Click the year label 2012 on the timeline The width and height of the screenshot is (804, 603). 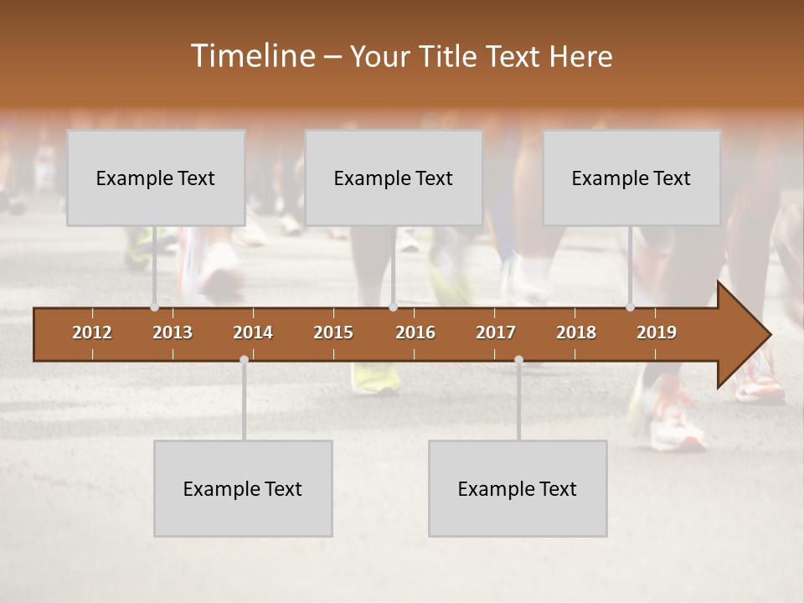pos(92,332)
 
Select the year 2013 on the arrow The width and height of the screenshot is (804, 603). pos(173,332)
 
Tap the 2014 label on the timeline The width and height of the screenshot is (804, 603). pos(253,332)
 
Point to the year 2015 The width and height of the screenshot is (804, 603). pos(333,332)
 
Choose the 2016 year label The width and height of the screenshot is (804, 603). pos(415,332)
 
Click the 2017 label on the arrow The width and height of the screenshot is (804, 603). pos(496,332)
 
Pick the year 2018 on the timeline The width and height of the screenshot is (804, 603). pos(576,332)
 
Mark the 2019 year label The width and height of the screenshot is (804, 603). pos(657,332)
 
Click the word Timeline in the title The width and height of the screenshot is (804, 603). pos(251,56)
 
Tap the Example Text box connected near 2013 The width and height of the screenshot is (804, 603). pos(156,178)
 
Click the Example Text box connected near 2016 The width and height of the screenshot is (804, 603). pos(394,178)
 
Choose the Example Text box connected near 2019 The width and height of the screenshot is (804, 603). pos(631,178)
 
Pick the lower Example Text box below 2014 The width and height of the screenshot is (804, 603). pos(243,488)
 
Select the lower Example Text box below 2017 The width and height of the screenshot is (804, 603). pos(518,488)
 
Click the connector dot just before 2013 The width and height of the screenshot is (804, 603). pos(154,307)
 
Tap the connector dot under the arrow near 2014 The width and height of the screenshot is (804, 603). pos(244,359)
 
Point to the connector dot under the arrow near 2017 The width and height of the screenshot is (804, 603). pos(518,359)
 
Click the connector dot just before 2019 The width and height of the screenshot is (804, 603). pos(630,307)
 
